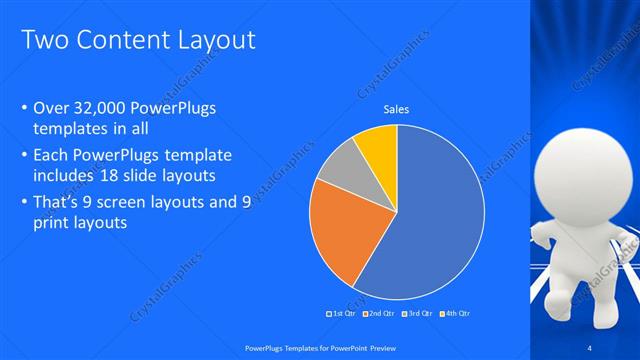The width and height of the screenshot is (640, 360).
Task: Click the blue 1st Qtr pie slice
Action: [440, 220]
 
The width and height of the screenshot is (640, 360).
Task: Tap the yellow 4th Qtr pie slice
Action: [379, 145]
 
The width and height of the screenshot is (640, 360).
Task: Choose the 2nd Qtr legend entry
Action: [379, 313]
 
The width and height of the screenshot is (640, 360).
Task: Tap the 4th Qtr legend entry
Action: [454, 313]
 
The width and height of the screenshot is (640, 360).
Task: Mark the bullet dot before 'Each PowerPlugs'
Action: [24, 157]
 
